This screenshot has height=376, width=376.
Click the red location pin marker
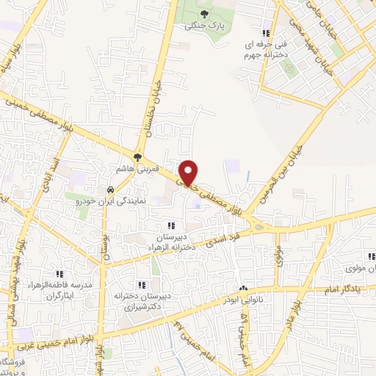(189, 172)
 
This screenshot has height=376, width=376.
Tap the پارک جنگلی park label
(205, 26)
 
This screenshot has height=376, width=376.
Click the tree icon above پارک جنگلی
(205, 14)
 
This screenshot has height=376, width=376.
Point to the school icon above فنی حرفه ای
(266, 33)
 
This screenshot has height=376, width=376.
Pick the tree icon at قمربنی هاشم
(137, 156)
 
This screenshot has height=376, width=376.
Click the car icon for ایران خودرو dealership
(110, 187)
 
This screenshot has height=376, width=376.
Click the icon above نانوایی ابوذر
(243, 289)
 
